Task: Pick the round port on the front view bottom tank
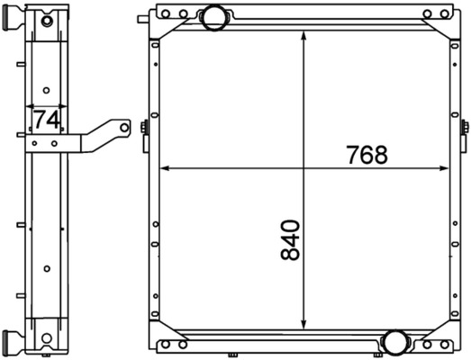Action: click(x=394, y=341)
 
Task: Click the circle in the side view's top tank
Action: click(x=48, y=17)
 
